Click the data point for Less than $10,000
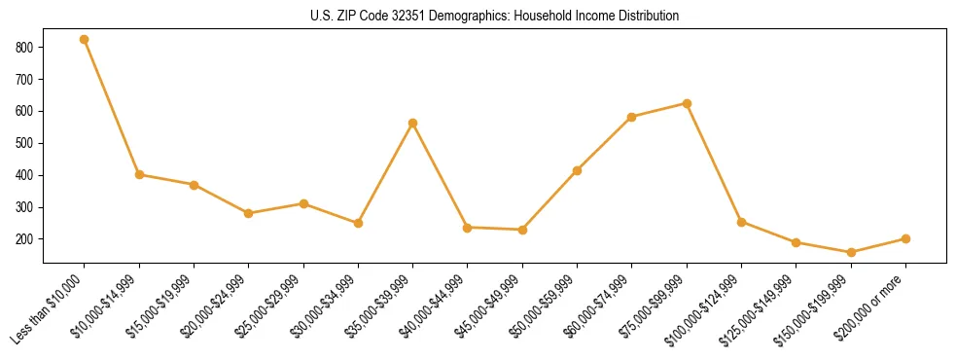(x=85, y=40)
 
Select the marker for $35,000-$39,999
(x=413, y=124)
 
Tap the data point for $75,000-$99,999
(x=687, y=103)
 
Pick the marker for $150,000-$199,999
(x=851, y=252)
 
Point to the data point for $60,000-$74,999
(x=632, y=117)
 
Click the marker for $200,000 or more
(x=905, y=238)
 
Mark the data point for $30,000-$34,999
(x=359, y=223)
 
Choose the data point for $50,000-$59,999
(x=578, y=170)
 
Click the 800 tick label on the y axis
(x=25, y=47)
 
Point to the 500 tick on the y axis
(x=25, y=143)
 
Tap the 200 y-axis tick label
(x=25, y=239)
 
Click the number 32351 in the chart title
(x=389, y=17)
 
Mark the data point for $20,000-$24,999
(x=249, y=213)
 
